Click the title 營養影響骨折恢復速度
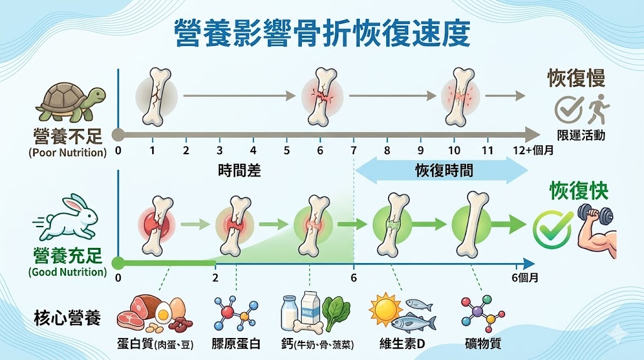(321, 33)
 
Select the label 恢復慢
(576, 79)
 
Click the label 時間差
(239, 170)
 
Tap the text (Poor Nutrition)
(68, 152)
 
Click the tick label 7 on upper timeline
(353, 151)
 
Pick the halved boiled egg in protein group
(163, 312)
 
